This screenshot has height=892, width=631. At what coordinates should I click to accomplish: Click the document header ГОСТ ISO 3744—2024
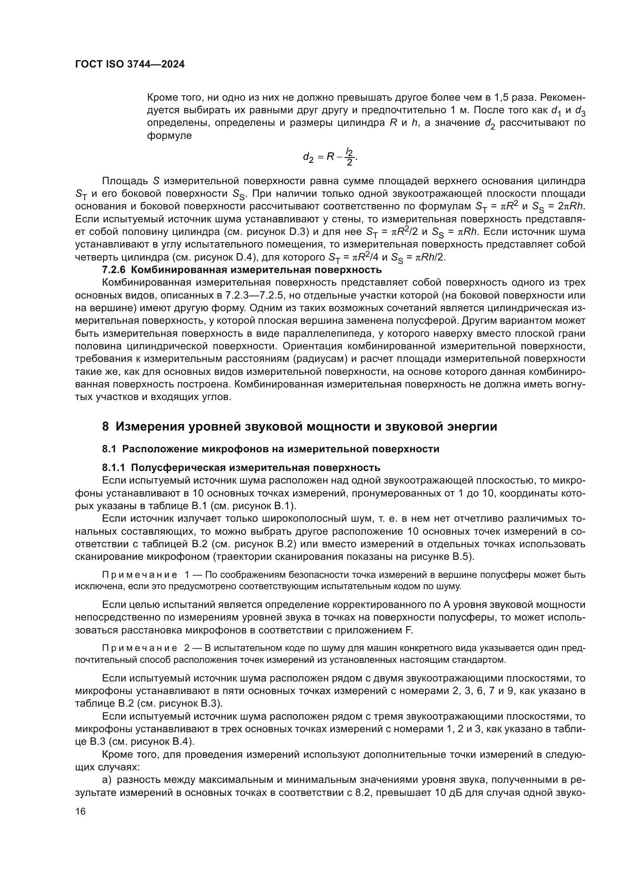(130, 64)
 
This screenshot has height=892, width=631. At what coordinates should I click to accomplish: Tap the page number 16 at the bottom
(80, 811)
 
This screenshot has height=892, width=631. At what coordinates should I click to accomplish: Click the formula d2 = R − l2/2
(330, 157)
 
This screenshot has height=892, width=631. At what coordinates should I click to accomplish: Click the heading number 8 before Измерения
(105, 427)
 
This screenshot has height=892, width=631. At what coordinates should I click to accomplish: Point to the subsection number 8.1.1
(114, 468)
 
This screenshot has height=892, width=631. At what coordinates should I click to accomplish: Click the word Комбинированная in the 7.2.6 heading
(172, 270)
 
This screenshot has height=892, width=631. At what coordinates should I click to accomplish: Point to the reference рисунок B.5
(440, 556)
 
